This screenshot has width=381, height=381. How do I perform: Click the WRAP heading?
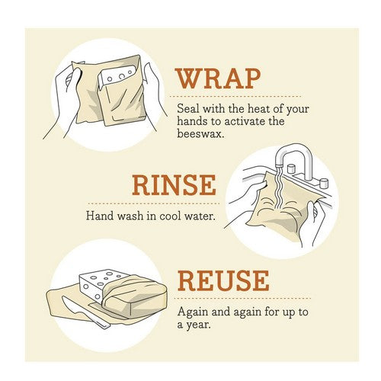pos(219,78)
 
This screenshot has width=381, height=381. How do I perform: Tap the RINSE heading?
pos(174,184)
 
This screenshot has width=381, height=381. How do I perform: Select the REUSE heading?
pos(223,280)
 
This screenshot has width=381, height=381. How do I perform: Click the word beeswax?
pos(200,133)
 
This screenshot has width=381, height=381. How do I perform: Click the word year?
pos(198,325)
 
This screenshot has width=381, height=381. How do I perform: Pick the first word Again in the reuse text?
pos(193,312)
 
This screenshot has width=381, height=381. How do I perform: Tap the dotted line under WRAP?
pos(235,97)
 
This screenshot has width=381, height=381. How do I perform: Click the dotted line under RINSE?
pos(154,203)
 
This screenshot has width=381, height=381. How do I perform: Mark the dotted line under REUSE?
pos(242,298)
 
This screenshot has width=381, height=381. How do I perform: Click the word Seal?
pos(187,109)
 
